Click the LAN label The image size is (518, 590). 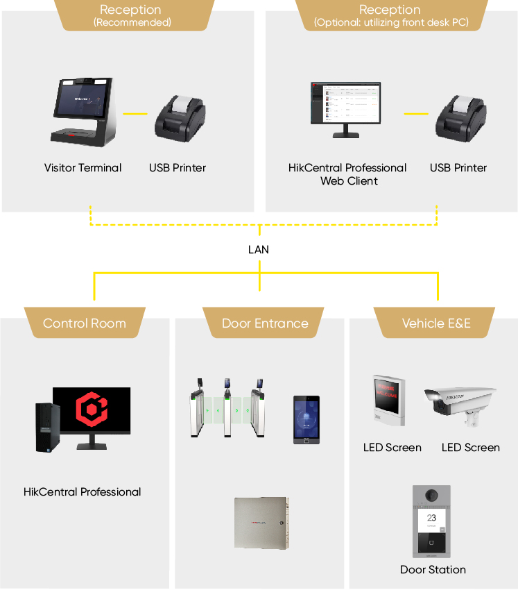[x=259, y=249]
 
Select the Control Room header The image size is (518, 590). [x=85, y=323]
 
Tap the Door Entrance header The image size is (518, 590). [x=265, y=323]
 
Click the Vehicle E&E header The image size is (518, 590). [x=436, y=323]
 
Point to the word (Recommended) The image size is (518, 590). [x=132, y=22]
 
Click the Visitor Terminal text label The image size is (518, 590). [x=83, y=168]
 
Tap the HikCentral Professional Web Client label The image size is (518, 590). [x=347, y=174]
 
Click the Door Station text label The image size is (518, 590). [x=433, y=570]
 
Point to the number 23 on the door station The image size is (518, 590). [x=431, y=517]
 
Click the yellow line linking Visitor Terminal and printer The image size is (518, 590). [x=135, y=113]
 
